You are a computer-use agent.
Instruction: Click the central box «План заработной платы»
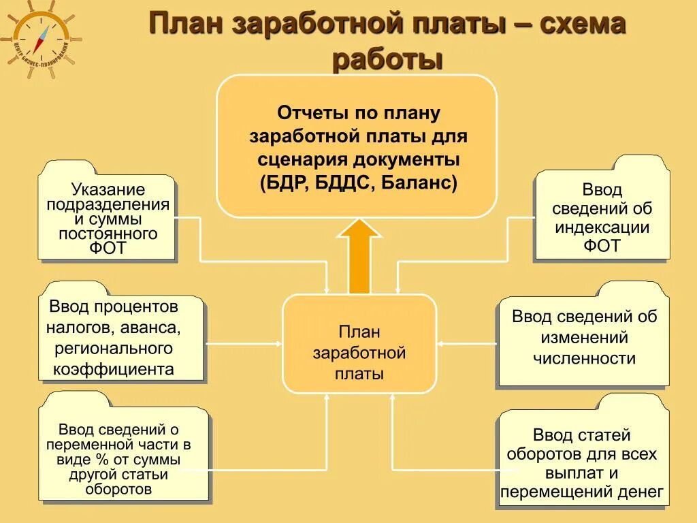coord(359,343)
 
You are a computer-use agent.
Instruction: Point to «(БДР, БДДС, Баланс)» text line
coord(357,183)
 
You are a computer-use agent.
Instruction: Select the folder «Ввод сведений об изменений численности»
coord(584,338)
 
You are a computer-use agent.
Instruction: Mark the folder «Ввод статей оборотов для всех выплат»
coord(581,463)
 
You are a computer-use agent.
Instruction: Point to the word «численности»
coord(584,358)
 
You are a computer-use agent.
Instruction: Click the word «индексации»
coord(602,227)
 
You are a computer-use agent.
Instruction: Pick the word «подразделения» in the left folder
coord(108,204)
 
